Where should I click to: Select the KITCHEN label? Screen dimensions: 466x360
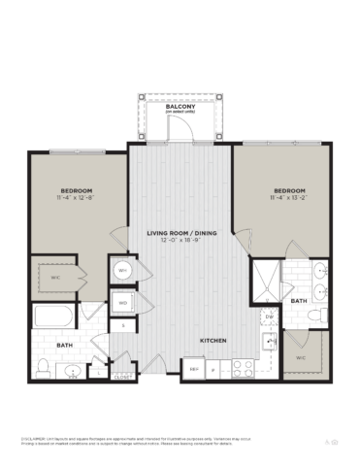tap(213, 341)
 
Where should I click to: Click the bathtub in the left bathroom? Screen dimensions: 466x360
tap(54, 316)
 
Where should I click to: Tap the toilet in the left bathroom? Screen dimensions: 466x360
tap(44, 367)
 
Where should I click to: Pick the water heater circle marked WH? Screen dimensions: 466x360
tap(123, 271)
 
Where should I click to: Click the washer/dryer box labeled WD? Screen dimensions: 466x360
tap(123, 303)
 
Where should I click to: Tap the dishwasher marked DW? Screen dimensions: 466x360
tap(269, 316)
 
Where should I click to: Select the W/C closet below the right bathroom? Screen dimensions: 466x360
tap(303, 356)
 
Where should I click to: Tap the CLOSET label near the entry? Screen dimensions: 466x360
tap(122, 378)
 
